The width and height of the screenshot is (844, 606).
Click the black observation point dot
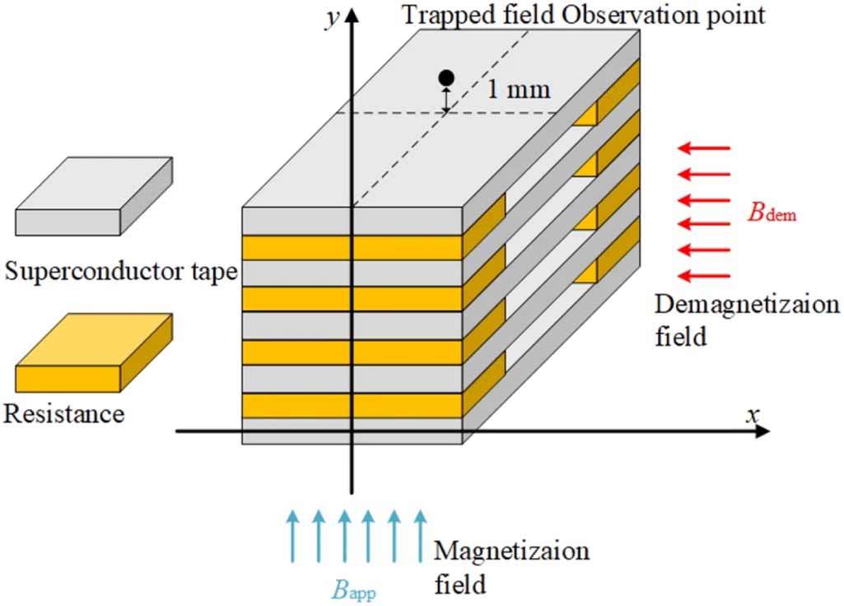coord(446,78)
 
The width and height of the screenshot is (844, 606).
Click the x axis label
coord(751,414)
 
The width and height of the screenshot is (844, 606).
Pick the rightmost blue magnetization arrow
coord(420,535)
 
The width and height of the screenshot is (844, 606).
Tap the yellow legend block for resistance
coord(94,352)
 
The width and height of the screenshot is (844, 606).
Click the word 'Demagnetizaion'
coord(747,305)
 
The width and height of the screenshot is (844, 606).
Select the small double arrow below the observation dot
coord(446,100)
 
